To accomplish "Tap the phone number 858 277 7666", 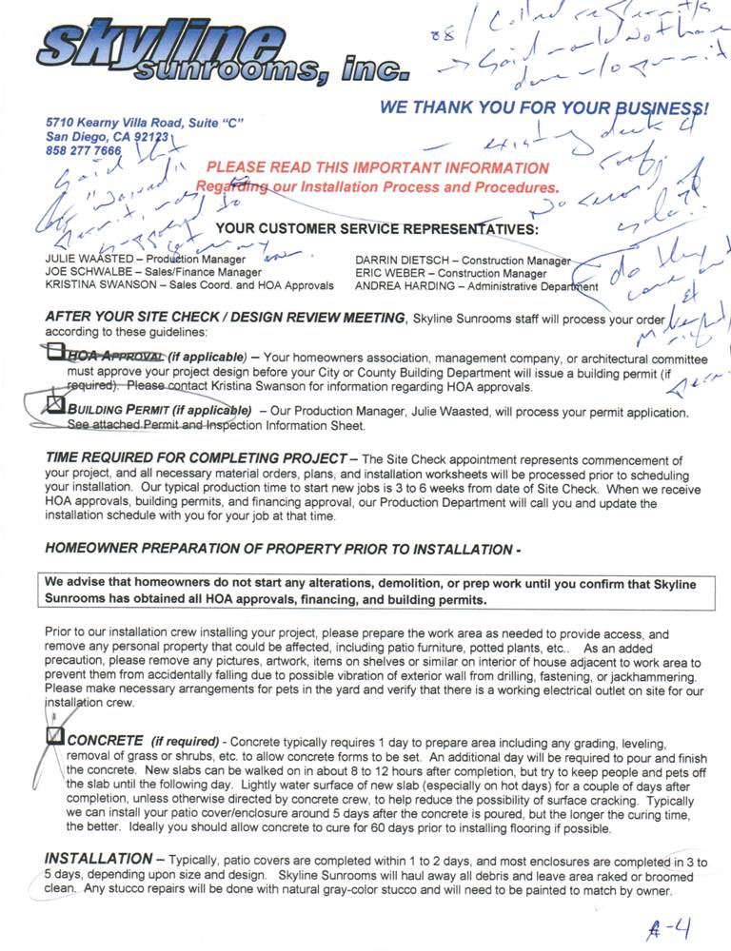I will pos(84,150).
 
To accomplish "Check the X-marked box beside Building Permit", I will pos(56,406).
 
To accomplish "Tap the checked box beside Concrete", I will pos(56,736).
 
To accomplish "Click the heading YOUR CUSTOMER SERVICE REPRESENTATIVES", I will pos(377,229).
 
